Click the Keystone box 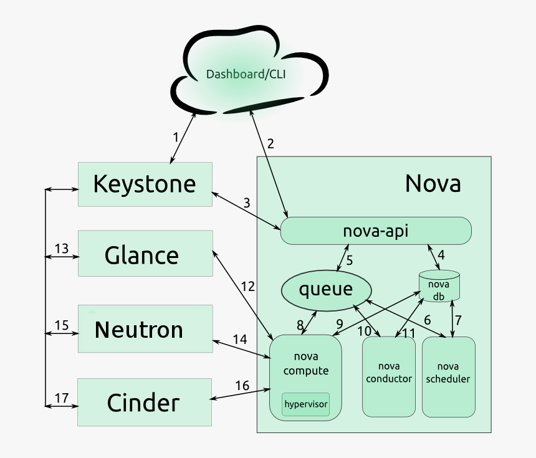145,184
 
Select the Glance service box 145,254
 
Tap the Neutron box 145,329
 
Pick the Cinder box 145,402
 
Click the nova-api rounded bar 376,231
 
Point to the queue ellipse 326,290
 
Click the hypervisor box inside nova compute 305,404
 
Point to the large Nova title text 433,184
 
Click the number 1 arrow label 176,137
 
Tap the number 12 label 247,286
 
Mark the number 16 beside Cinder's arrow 242,386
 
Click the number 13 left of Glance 61,249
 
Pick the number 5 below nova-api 350,260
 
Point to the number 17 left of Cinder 61,398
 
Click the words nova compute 305,363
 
